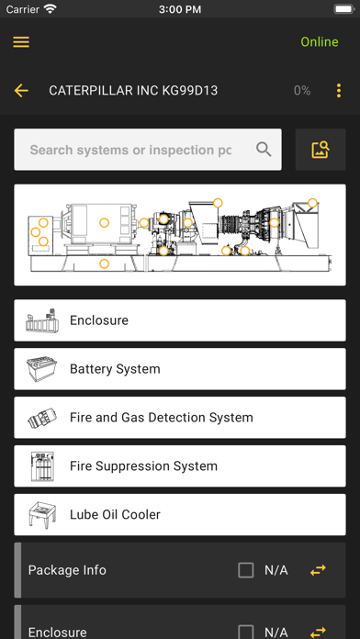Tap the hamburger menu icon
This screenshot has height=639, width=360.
coord(21,42)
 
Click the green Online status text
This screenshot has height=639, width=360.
coord(320,42)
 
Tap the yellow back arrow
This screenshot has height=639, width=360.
coord(21,91)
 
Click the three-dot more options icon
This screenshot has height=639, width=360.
coord(338,91)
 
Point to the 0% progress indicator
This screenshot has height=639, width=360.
coord(302,91)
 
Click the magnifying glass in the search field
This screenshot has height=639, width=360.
coord(264,150)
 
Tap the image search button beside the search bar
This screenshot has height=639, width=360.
coord(321,150)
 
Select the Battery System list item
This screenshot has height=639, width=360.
coord(180,369)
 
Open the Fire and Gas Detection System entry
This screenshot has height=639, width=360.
coord(180,418)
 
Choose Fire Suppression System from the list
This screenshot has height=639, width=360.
coord(180,465)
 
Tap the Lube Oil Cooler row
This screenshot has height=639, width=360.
coord(180,514)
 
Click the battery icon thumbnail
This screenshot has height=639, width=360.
coord(41,369)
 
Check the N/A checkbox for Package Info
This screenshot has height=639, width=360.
coord(246,570)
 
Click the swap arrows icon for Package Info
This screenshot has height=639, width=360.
coord(318,570)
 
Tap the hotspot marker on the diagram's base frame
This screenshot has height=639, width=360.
coord(105,263)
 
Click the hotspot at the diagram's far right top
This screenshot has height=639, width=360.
coord(312,203)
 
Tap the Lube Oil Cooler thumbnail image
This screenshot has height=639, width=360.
coord(41,514)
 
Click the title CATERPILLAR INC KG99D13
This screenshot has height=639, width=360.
coord(133,91)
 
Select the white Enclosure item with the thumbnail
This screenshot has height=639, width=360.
coord(180,320)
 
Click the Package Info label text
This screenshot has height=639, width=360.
coord(67,570)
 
